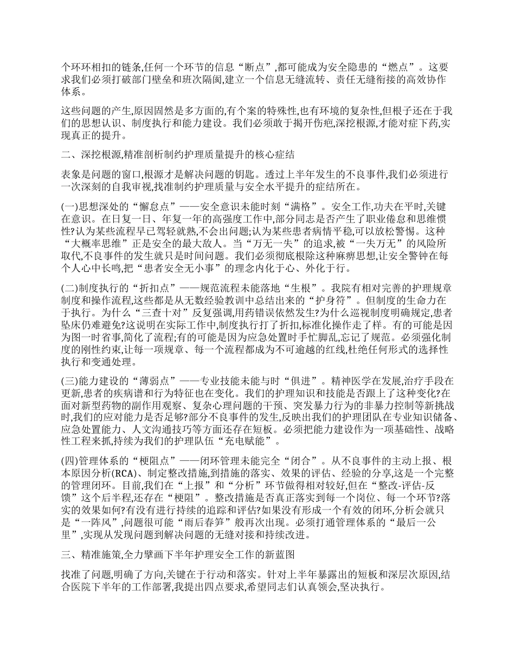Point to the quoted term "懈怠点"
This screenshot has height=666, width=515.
[x=138, y=207]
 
